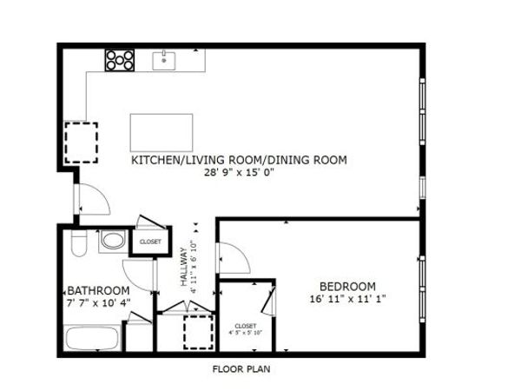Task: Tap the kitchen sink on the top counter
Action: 165,59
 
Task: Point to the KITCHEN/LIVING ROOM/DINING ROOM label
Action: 239,160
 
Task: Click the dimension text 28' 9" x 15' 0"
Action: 239,172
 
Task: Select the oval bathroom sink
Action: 111,241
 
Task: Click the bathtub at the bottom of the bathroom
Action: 92,337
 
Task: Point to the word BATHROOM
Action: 98,290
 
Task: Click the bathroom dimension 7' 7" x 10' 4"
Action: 98,302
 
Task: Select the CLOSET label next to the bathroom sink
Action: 150,242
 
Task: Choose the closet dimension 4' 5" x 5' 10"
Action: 246,331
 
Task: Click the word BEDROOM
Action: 347,287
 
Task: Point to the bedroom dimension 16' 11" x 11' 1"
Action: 347,299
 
